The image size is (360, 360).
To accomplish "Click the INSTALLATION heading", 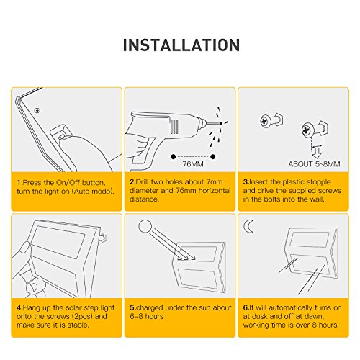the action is point(181,45).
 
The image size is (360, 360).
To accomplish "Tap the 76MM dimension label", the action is point(193,164).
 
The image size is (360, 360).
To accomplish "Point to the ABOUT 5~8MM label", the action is point(314,164).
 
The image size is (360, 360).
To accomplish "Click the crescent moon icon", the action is point(248,226).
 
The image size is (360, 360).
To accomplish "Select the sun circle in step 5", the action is point(145,226).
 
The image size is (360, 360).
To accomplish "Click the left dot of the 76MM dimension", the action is point(173,157).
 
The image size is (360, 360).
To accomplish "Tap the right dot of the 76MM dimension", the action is point(212,157).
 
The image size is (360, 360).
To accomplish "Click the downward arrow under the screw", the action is point(318,153).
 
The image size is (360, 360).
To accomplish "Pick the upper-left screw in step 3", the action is point(271,120).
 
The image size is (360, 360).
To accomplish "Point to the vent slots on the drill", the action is point(174,127).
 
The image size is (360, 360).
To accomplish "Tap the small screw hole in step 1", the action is point(37,111).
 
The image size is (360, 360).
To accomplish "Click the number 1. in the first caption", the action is point(19,183).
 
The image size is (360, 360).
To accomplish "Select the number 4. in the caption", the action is point(19,307).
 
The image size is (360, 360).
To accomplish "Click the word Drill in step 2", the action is point(142,182).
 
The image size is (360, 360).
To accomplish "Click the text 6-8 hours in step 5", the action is point(147,316).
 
